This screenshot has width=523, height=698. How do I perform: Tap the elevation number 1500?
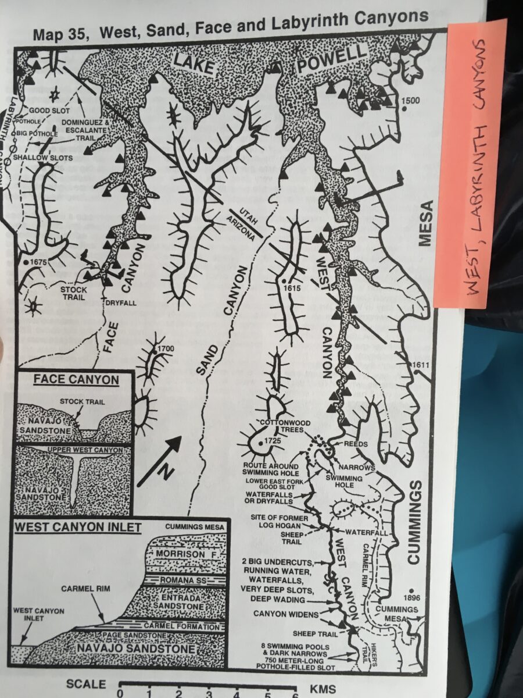[x=410, y=101]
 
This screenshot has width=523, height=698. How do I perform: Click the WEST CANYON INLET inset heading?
[x=78, y=528]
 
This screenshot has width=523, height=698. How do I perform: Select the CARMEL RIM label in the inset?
[x=86, y=589]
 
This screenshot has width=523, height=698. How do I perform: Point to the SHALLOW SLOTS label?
[x=35, y=158]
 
